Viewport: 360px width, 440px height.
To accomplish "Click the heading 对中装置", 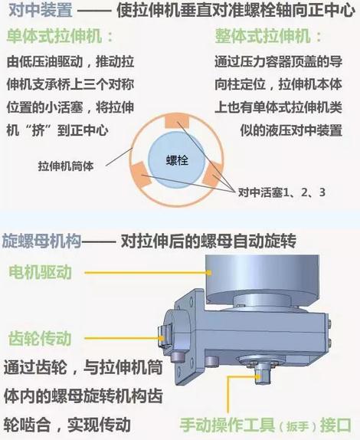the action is coord(40,11).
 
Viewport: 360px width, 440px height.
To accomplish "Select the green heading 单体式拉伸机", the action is coord(54,37).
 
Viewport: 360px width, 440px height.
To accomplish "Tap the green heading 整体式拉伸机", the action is coord(263,37).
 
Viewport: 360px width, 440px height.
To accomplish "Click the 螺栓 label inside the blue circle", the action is coord(177,160).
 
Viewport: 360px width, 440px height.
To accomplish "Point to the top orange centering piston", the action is coord(177,122).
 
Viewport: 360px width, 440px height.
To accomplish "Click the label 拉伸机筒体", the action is coord(66,166).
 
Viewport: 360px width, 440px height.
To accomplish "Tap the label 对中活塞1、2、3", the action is coord(282,192).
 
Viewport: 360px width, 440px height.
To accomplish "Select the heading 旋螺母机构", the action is coord(41,241).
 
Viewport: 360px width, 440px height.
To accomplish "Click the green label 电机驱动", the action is coord(40,272).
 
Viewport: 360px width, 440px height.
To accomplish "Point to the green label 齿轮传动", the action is coord(40,338).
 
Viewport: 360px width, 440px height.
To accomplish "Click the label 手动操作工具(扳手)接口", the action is coord(265,425).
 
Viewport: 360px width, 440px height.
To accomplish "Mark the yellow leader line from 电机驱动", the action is coord(148,272).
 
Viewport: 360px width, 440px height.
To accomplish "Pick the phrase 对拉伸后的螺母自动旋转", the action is coord(208,241).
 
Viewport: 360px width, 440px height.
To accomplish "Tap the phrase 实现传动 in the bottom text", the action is coord(99,425).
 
